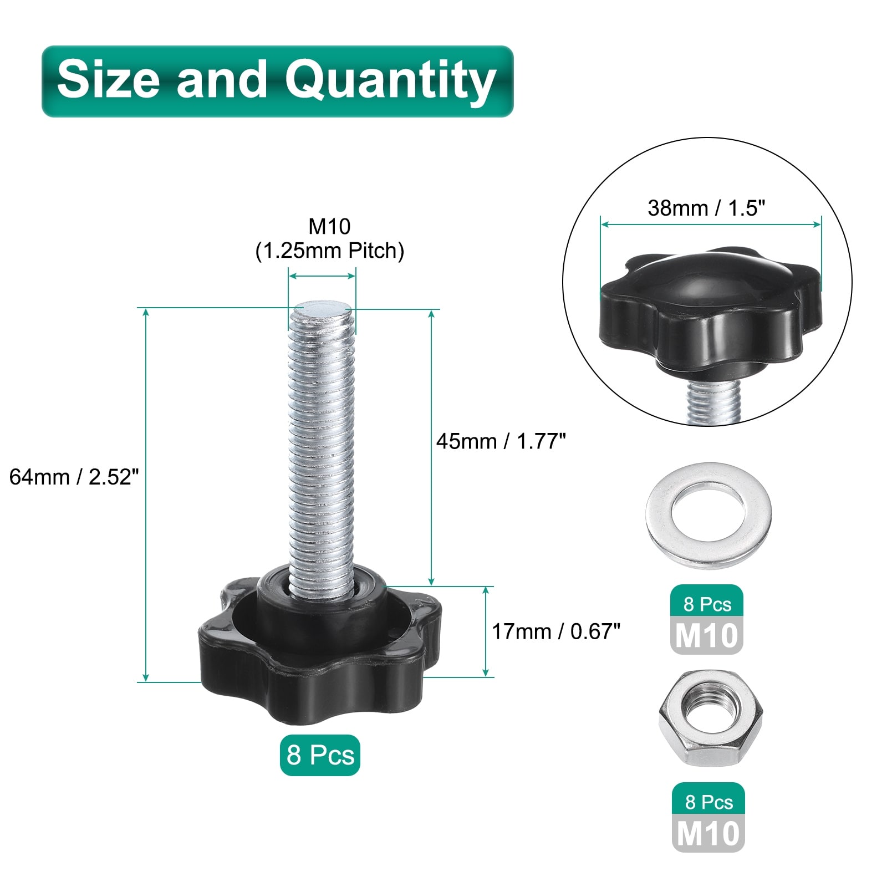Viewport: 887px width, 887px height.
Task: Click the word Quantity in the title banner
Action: click(390, 82)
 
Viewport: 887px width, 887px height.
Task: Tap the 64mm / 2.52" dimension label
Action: click(74, 477)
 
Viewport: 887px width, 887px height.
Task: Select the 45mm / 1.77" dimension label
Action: click(501, 441)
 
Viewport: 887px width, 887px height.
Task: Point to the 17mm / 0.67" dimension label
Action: click(556, 631)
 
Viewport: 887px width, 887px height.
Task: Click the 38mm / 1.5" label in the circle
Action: click(706, 208)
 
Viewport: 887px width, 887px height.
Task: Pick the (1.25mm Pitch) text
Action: click(330, 251)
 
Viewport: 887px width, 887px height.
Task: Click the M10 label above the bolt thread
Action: click(330, 226)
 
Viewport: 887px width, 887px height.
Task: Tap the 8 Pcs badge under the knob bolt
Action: click(320, 755)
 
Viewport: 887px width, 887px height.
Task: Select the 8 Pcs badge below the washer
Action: click(707, 604)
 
